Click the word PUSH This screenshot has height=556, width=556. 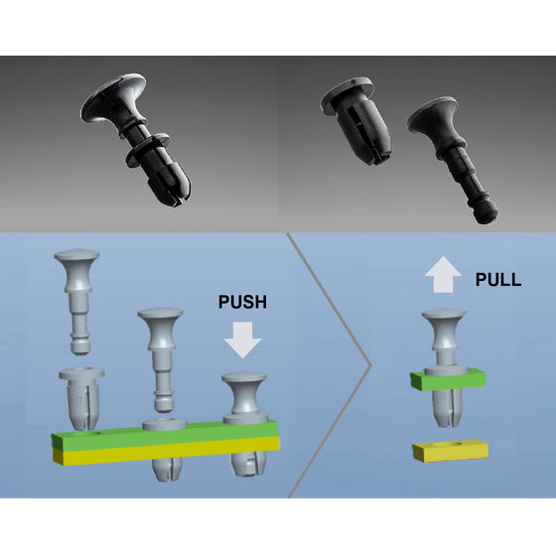[242, 302]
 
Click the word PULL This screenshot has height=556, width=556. [498, 279]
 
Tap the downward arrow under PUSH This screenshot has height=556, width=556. [242, 340]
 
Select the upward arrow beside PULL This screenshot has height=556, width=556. [443, 274]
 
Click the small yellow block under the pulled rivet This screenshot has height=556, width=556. [451, 451]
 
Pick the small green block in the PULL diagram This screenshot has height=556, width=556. [448, 379]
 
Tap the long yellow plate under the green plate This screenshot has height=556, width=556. [166, 451]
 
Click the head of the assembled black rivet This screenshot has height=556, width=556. [113, 98]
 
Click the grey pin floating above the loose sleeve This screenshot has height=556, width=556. [77, 302]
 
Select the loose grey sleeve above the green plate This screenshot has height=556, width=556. [81, 398]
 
